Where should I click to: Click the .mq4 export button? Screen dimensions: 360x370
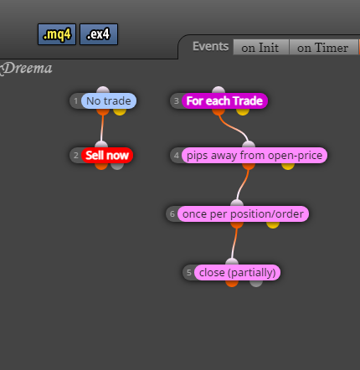coord(57,34)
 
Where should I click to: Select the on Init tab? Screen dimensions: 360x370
coord(261,48)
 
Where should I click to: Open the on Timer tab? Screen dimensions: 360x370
coord(323,48)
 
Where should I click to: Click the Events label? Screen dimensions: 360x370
coord(211,46)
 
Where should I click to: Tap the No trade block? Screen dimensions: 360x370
coord(109,100)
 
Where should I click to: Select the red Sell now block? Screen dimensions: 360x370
coord(107,155)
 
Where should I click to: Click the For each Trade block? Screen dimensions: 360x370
coord(224,100)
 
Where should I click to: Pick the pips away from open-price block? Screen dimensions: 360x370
coord(255,156)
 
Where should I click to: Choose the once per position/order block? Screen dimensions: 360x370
coord(243,214)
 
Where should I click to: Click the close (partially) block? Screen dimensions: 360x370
coord(237,272)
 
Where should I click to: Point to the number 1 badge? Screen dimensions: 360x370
coord(75,100)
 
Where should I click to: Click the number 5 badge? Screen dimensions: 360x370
coord(189,272)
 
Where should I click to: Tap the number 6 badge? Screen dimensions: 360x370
coord(172,214)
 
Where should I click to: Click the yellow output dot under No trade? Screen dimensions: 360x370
coord(120,111)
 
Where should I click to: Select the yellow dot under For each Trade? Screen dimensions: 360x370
coord(243,111)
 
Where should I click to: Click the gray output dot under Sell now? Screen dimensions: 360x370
coord(117,166)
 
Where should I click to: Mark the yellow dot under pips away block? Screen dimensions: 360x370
coord(288,166)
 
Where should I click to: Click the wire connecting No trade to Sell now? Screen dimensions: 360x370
coord(102,128)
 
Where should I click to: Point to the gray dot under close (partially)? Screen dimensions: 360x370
coord(256,283)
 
